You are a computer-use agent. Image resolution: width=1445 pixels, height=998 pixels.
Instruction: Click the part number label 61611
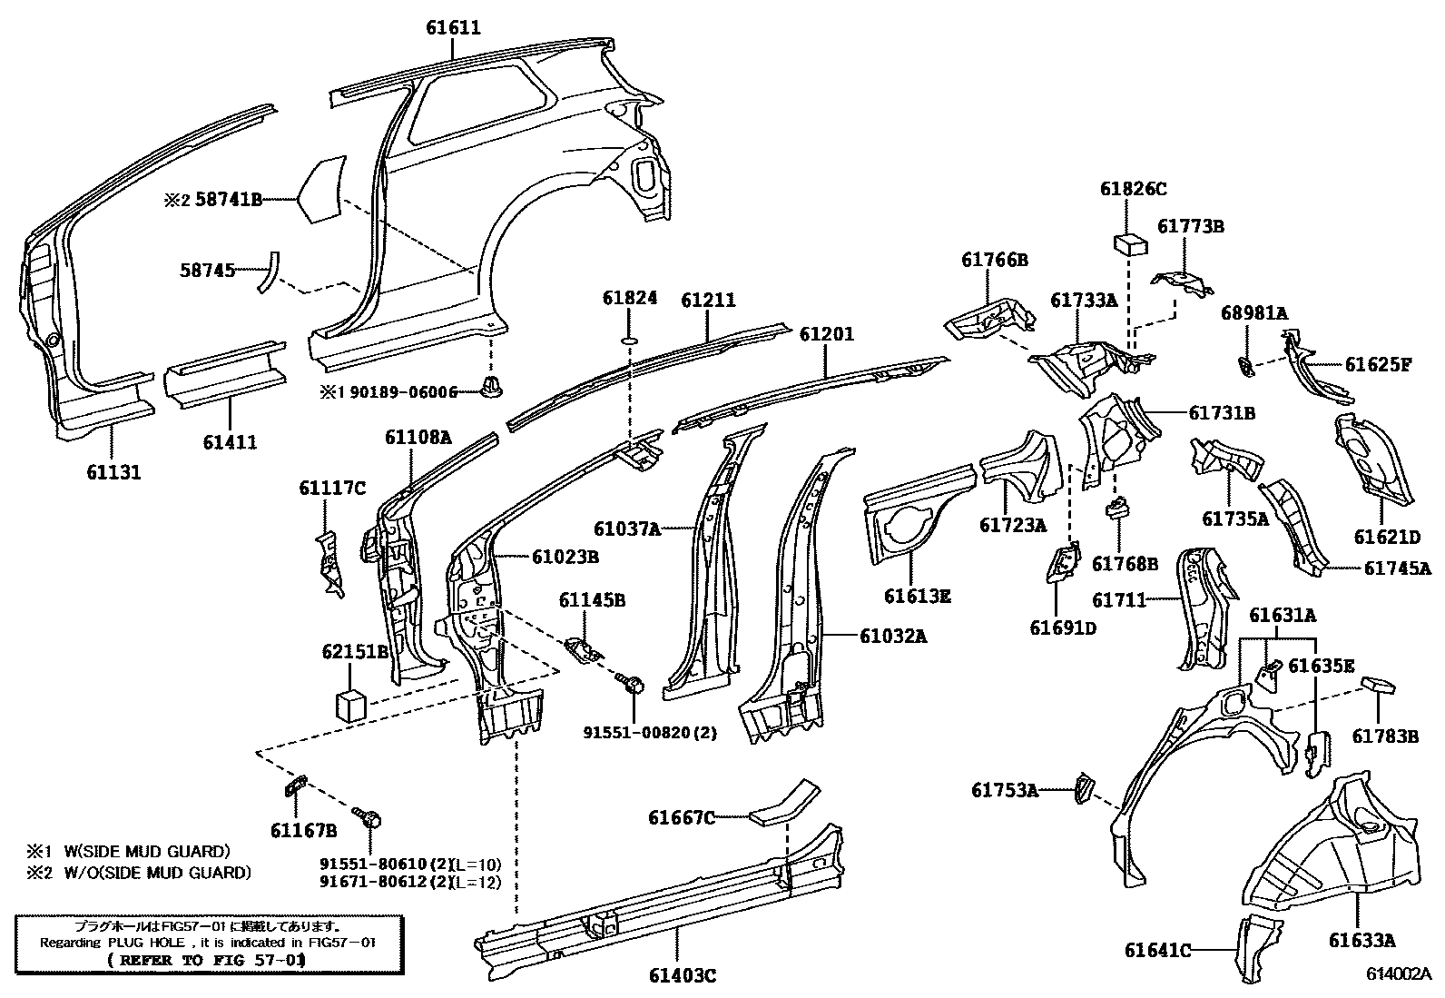[x=453, y=28]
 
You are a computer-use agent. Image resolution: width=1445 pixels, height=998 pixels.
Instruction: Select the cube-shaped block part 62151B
[x=350, y=703]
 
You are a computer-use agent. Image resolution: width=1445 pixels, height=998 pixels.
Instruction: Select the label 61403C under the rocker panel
[x=683, y=975]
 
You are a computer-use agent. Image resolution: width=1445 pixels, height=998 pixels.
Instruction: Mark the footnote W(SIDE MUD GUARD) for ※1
[x=147, y=851]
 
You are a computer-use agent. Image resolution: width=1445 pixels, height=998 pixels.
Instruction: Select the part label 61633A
[x=1361, y=941]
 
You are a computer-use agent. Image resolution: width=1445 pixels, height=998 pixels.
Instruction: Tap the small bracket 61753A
[x=1084, y=787]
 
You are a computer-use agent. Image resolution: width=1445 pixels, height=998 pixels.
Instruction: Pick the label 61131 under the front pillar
[x=113, y=472]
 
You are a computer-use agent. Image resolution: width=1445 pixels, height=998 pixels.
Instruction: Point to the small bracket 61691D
[x=1063, y=563]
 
